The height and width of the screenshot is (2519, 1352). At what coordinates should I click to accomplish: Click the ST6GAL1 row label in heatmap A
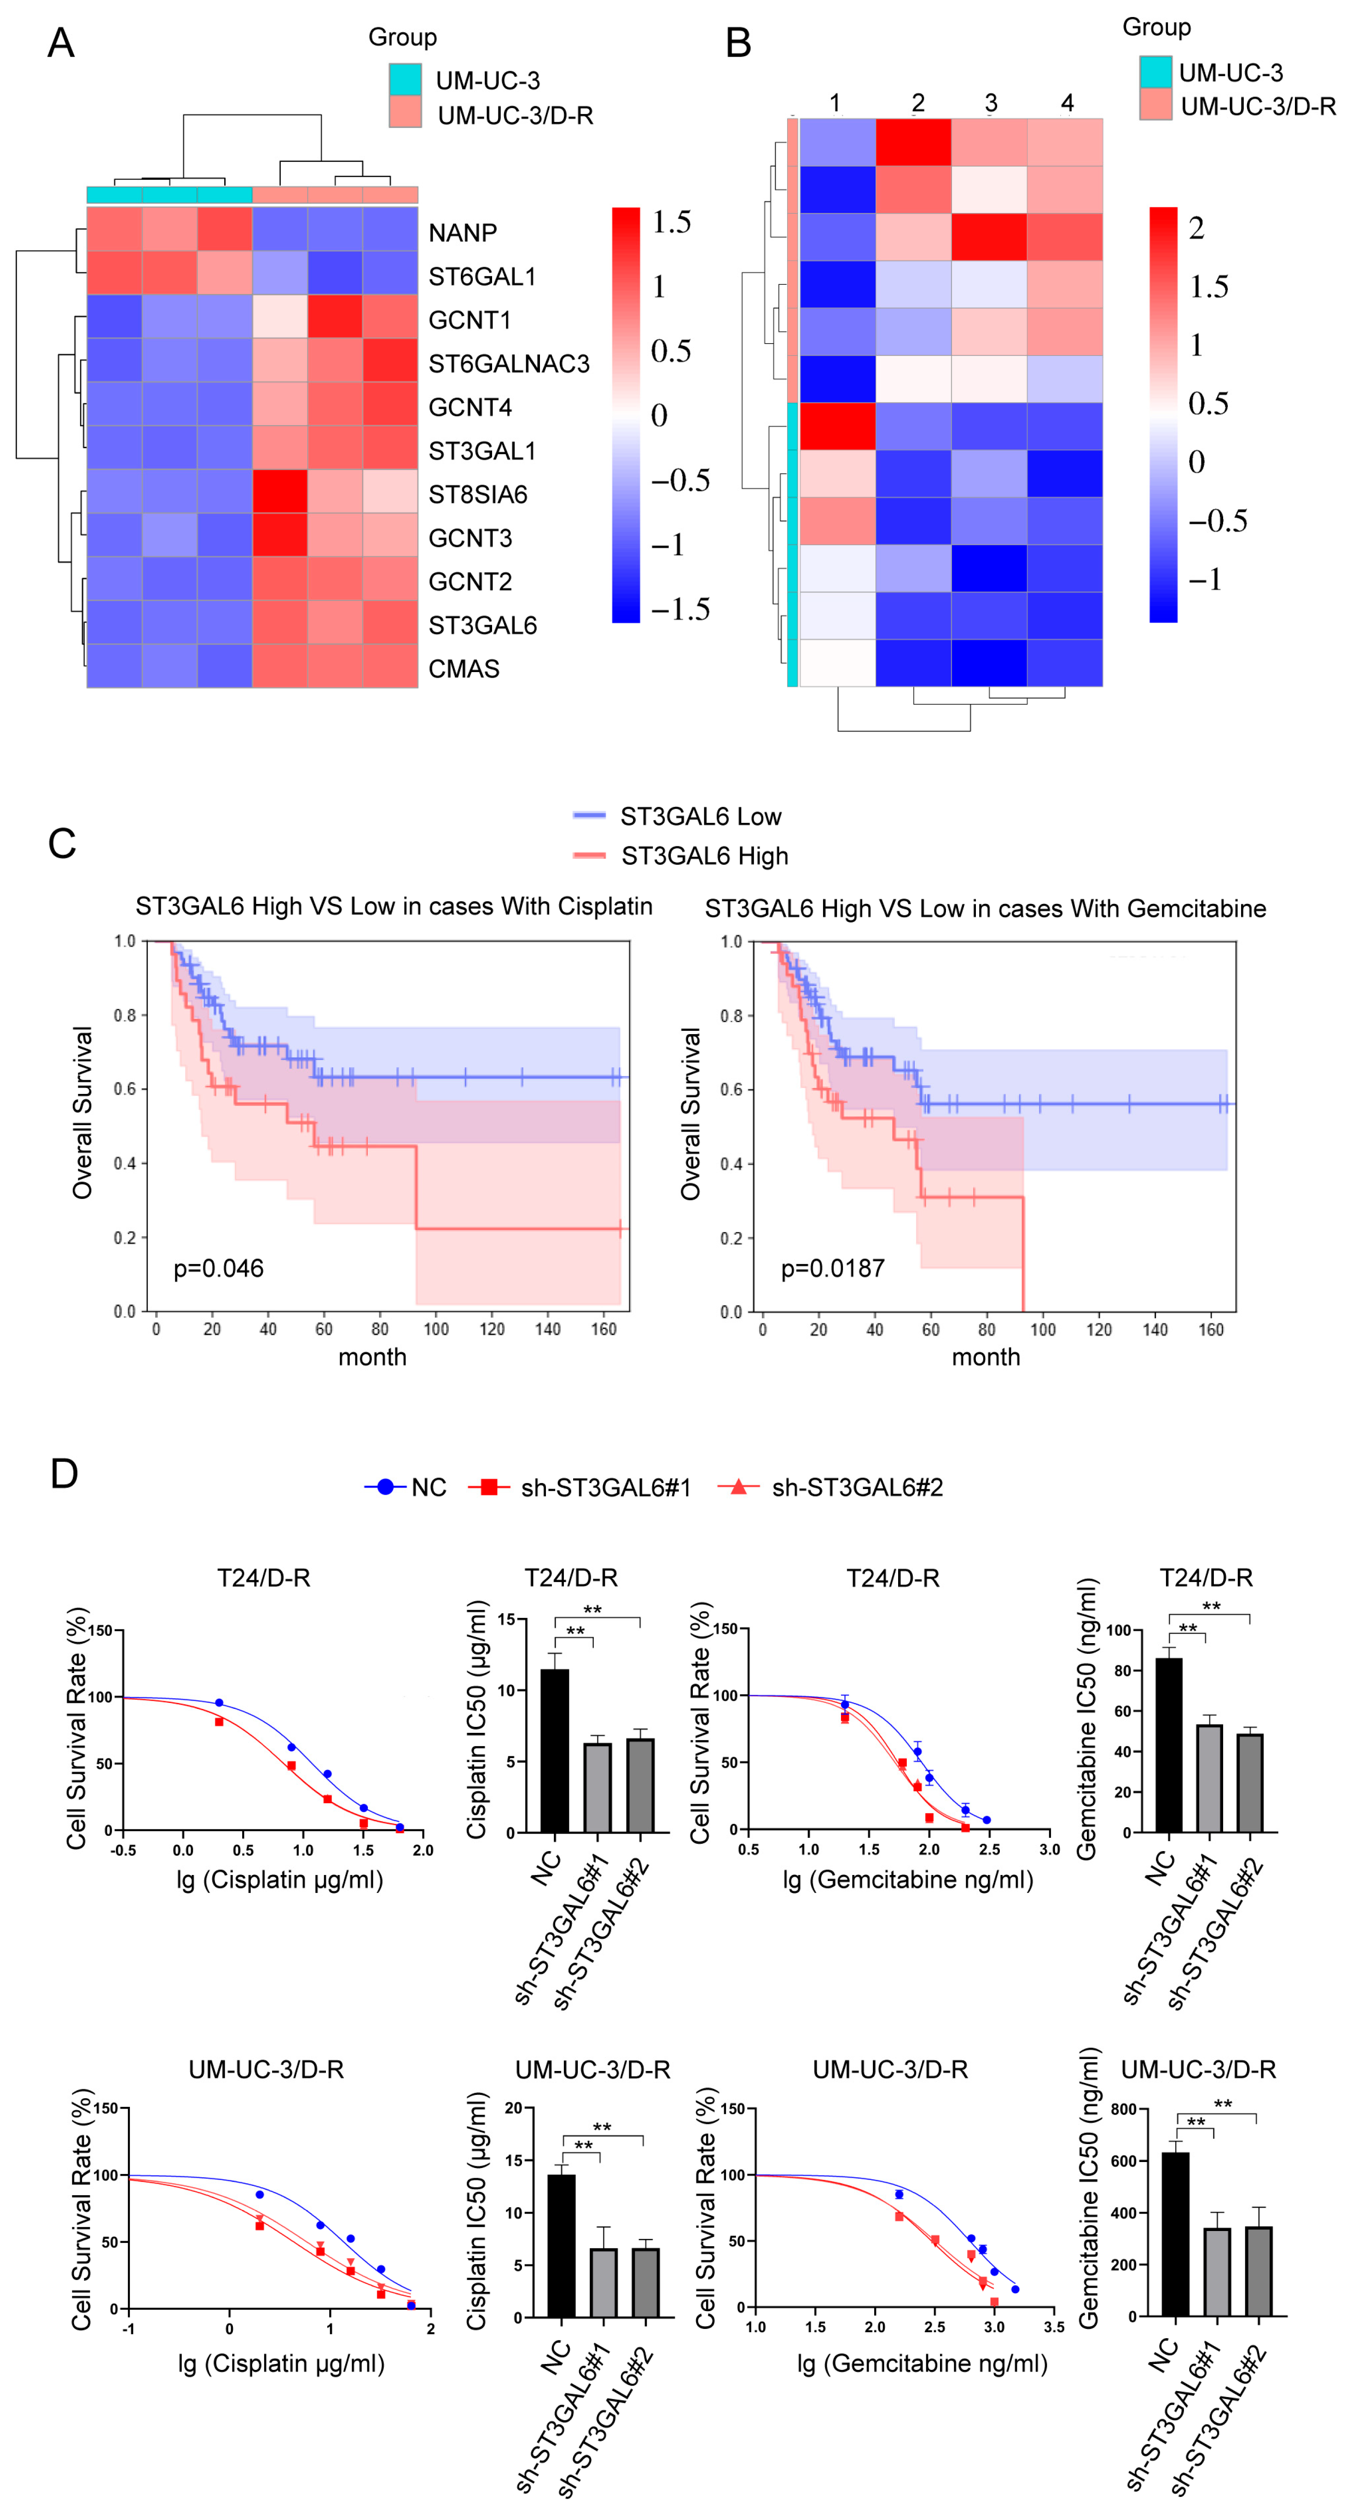point(482,277)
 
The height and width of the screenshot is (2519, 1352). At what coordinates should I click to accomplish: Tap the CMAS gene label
point(464,669)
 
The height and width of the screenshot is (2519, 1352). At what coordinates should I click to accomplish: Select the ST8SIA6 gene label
point(477,495)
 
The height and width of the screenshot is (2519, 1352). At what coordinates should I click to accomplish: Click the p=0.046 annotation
point(218,1268)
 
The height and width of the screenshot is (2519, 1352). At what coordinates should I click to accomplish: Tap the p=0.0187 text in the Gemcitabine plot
point(833,1268)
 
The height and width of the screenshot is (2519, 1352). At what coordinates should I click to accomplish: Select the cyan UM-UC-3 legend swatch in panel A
point(405,79)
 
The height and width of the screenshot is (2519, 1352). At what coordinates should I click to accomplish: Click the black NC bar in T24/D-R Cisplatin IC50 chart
point(555,1750)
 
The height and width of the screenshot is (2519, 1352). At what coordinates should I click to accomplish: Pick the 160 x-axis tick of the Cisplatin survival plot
point(603,1329)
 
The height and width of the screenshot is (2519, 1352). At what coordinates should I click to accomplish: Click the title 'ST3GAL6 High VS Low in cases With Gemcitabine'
point(985,909)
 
